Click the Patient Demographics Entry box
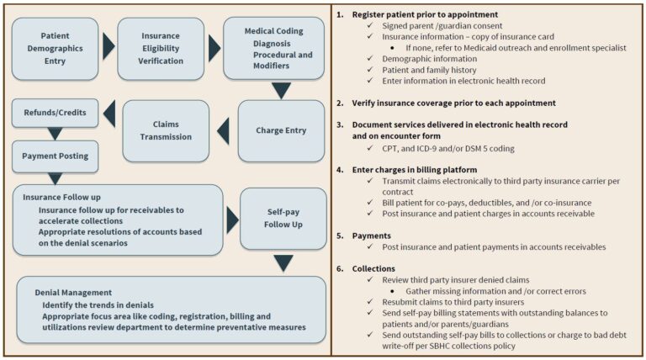click(x=55, y=47)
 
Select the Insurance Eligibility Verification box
click(x=160, y=47)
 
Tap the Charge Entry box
click(x=281, y=130)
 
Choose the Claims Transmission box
click(x=166, y=130)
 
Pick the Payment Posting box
click(x=56, y=156)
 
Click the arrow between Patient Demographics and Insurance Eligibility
click(x=108, y=47)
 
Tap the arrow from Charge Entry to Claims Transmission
click(x=223, y=130)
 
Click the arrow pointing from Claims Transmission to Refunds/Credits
click(x=108, y=111)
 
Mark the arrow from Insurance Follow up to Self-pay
click(x=231, y=220)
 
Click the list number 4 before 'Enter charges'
click(x=338, y=169)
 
